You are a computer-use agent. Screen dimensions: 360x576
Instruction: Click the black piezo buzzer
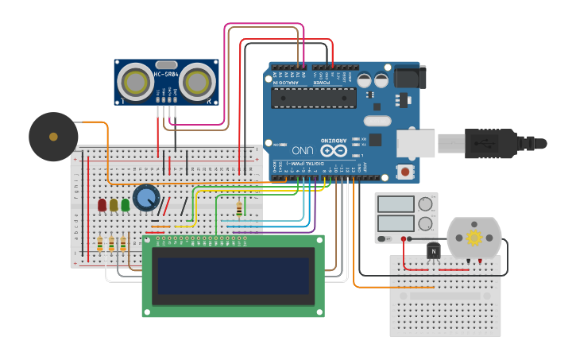53,137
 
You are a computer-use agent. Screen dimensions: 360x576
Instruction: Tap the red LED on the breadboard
102,205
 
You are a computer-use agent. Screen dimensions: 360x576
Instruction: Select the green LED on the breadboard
125,205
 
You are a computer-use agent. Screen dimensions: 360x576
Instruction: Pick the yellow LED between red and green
114,205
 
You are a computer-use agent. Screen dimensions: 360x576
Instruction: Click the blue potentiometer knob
146,197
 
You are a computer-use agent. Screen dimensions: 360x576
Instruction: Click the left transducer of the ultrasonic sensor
137,81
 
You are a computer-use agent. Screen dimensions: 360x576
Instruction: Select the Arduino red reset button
405,171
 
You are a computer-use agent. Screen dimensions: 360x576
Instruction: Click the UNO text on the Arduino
303,149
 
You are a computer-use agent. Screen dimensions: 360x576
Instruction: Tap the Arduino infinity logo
334,149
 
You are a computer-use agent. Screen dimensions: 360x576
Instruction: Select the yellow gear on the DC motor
474,238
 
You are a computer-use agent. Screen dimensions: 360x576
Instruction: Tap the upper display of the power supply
396,204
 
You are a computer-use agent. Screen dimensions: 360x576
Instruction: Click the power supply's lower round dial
425,223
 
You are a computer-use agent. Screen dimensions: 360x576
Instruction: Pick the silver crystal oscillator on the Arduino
377,121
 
